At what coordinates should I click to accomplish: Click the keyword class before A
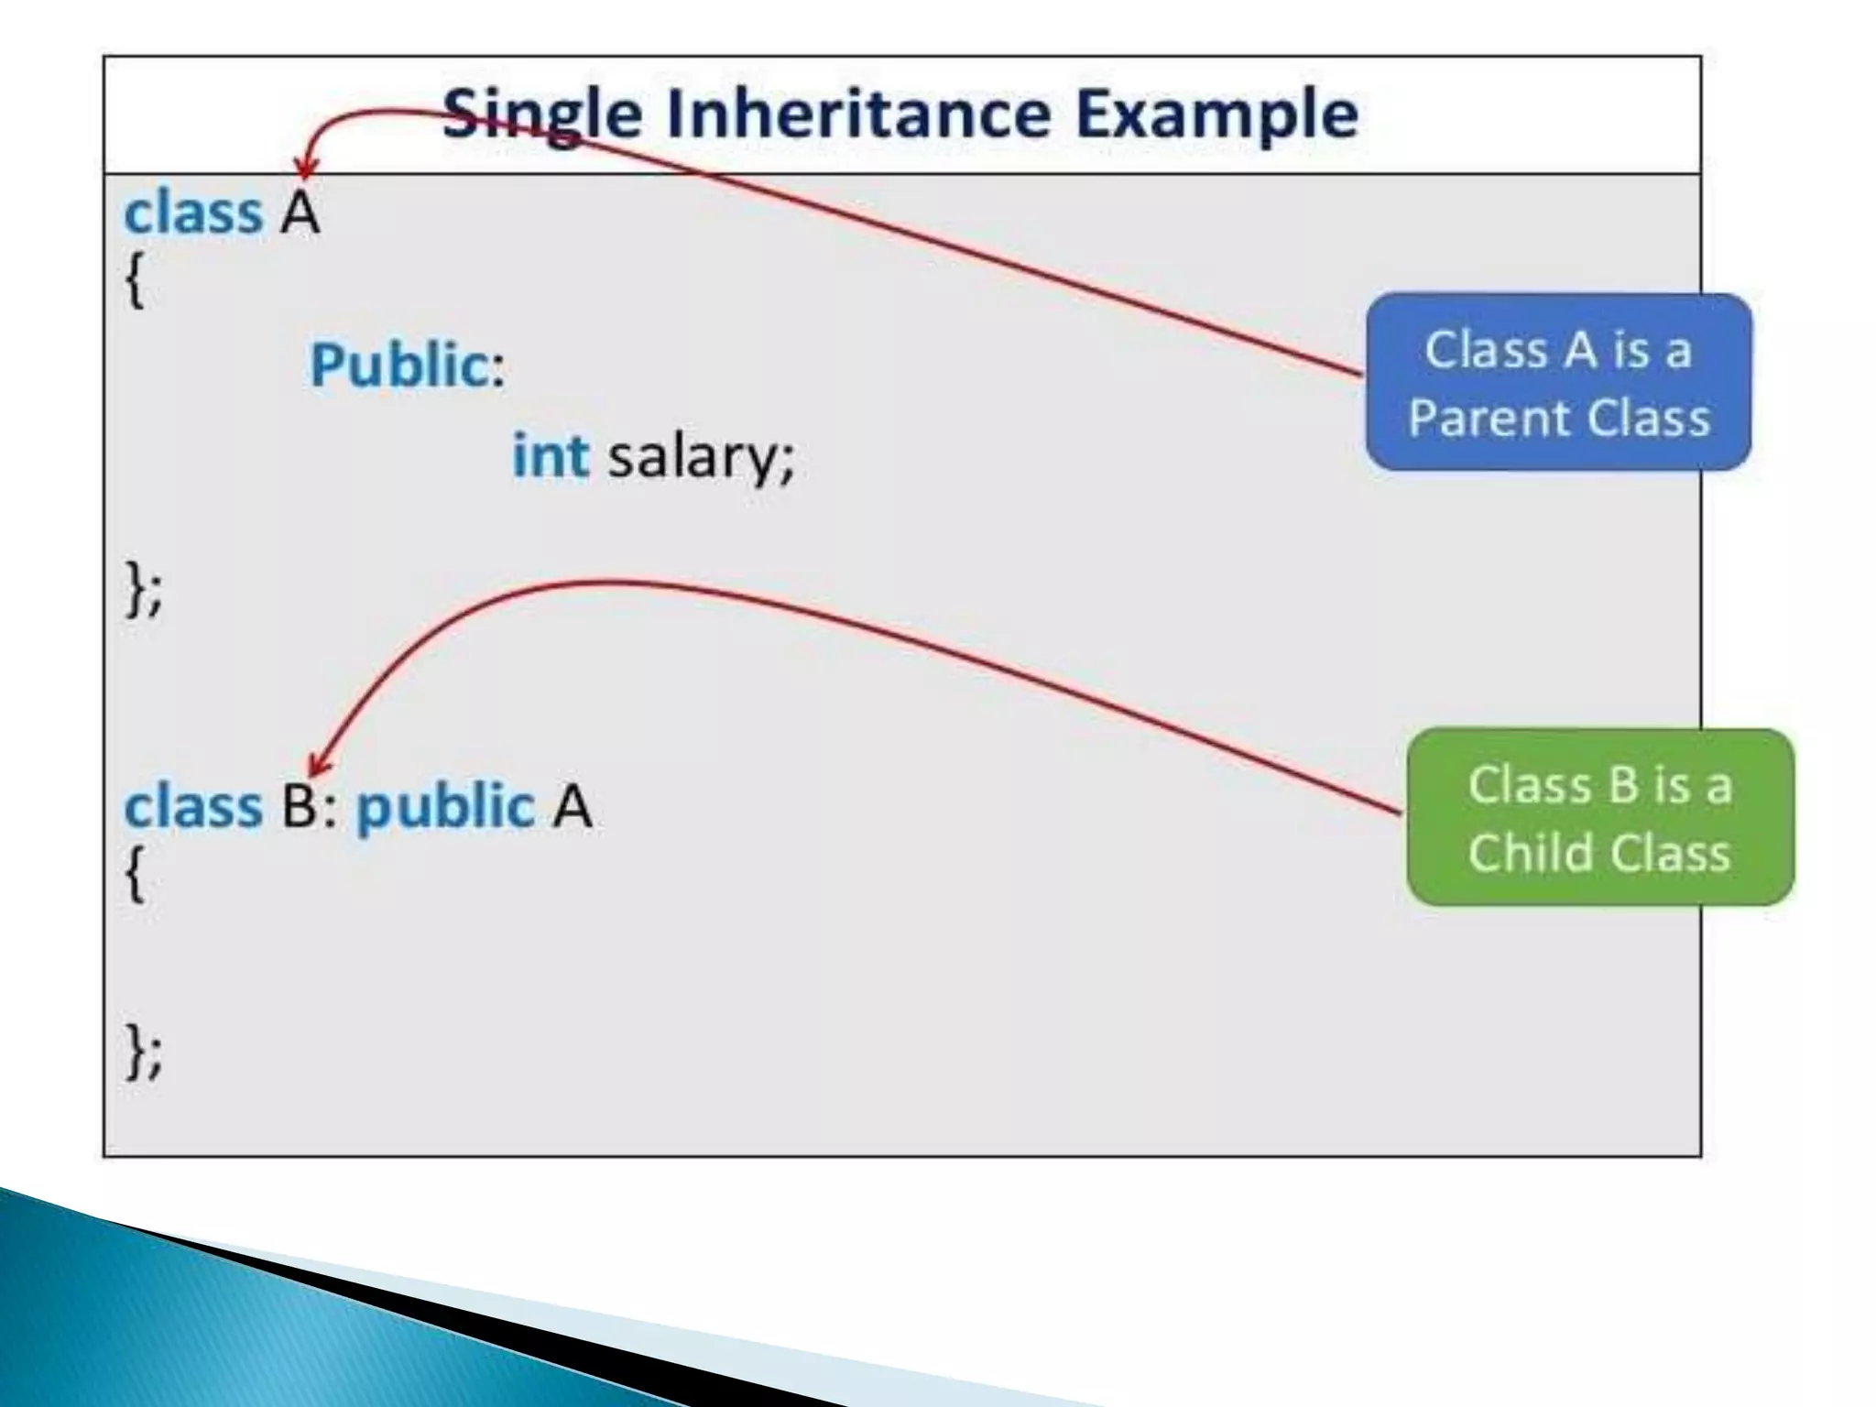tap(193, 213)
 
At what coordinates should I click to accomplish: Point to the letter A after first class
tap(300, 213)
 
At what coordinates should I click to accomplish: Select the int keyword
tap(550, 455)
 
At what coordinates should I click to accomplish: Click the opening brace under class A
tap(135, 280)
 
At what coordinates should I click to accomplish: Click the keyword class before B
tap(193, 807)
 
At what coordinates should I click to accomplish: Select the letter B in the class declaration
tap(300, 807)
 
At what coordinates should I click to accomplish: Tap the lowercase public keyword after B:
tap(445, 807)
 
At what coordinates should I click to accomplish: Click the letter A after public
tap(573, 807)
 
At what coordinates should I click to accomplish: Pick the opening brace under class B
tap(135, 874)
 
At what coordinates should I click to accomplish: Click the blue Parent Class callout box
tap(1558, 383)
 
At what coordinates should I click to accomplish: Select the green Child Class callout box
tap(1599, 817)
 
